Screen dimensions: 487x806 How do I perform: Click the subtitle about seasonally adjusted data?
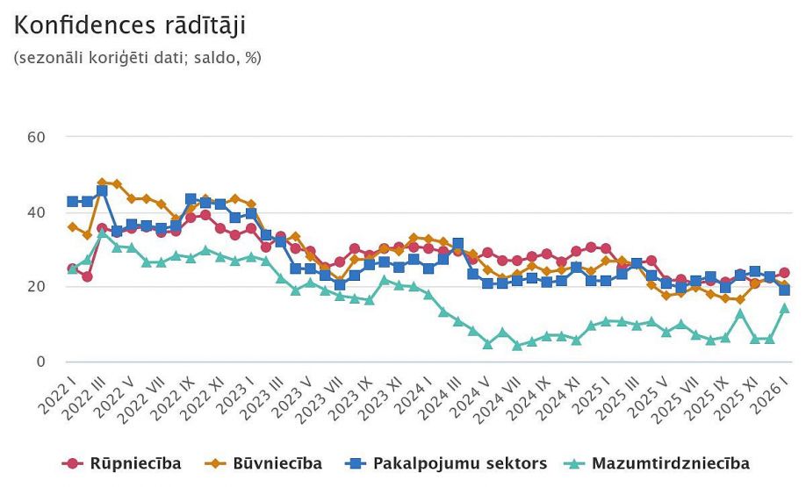(x=138, y=59)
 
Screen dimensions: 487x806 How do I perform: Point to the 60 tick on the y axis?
(x=36, y=137)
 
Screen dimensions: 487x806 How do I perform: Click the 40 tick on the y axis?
(x=36, y=211)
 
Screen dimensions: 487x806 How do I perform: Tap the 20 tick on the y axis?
(x=36, y=287)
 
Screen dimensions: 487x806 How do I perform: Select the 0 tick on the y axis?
(x=40, y=362)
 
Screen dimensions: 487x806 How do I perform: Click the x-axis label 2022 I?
(x=57, y=393)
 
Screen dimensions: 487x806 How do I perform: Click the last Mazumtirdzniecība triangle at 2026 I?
(x=785, y=308)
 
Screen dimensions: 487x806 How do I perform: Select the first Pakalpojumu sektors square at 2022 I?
(x=73, y=202)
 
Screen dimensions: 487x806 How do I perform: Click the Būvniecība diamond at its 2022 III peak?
(x=103, y=183)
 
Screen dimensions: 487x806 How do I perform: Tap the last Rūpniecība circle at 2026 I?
(x=785, y=273)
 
